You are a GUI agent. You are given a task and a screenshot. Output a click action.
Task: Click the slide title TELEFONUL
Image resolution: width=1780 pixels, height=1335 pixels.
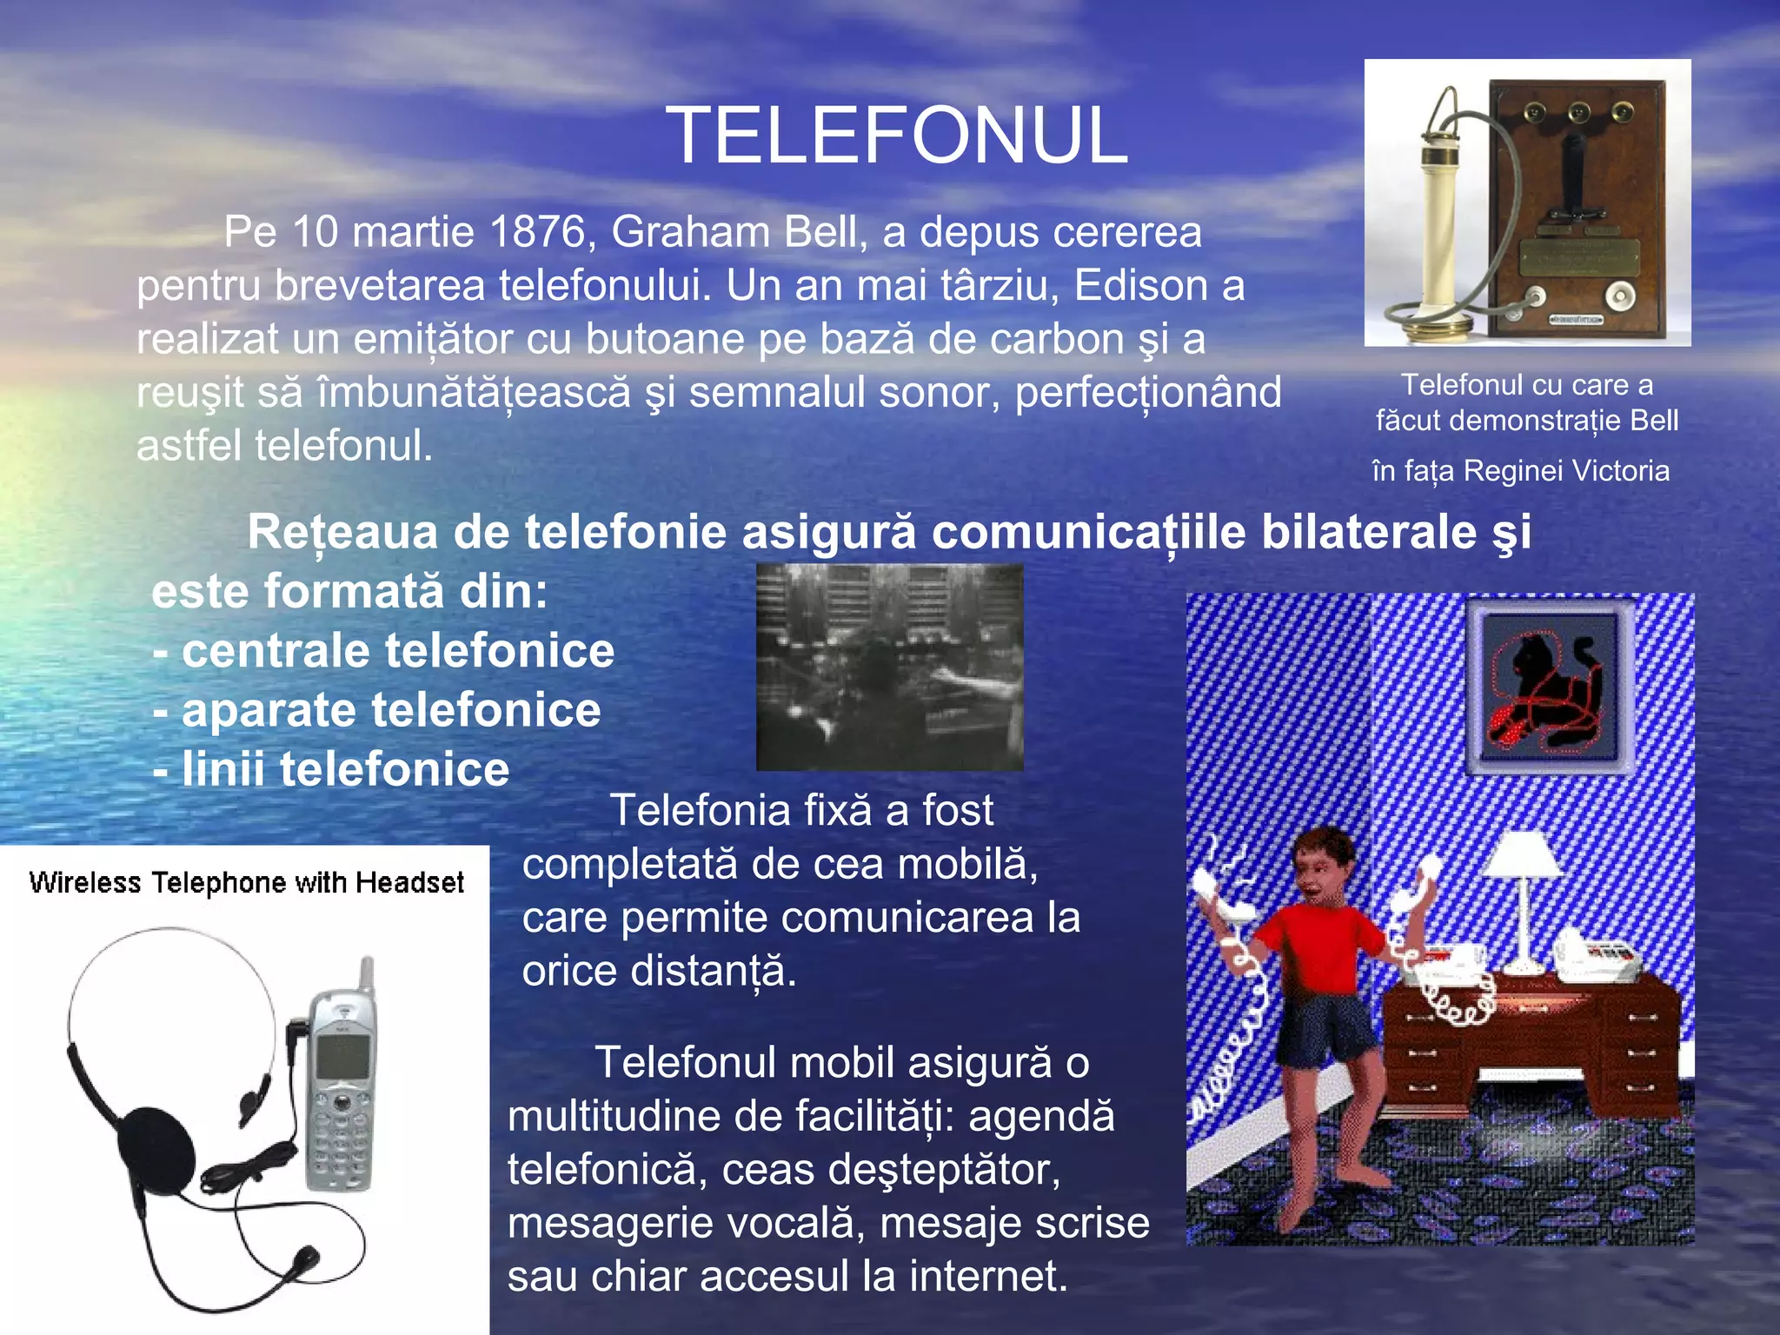coord(897,136)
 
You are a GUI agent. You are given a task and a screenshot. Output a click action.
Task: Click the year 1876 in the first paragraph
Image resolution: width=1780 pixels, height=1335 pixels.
coord(538,232)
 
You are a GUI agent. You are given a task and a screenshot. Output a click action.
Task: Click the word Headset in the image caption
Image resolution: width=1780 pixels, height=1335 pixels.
coord(409,882)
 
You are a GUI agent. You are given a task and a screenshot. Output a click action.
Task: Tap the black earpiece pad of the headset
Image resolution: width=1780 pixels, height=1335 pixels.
coord(156,1147)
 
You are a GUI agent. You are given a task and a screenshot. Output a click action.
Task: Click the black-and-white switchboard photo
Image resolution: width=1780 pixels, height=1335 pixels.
coord(889,667)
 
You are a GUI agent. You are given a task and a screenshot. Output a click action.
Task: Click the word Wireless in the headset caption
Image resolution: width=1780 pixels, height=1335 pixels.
coord(84,882)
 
